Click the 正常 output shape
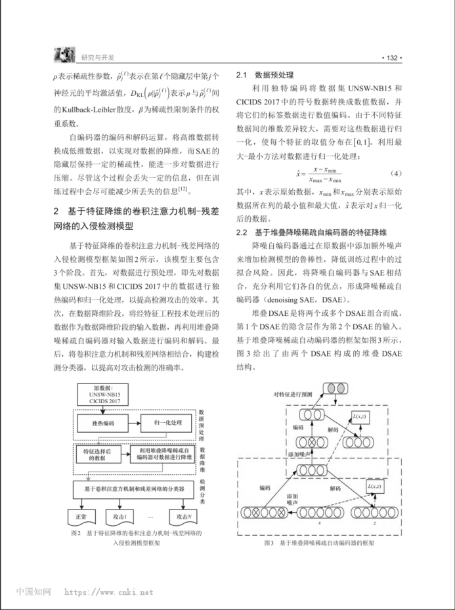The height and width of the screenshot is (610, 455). [x=81, y=516]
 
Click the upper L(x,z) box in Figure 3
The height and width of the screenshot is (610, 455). [x=362, y=417]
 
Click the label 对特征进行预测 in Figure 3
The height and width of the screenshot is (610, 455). [x=295, y=394]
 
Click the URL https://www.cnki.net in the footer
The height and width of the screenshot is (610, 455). [x=108, y=592]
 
